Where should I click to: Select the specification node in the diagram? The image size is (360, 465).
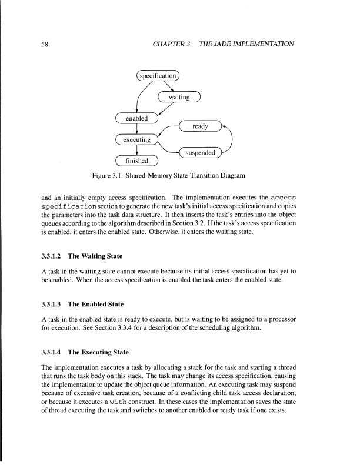pyautogui.click(x=157, y=76)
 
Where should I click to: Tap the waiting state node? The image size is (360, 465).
pyautogui.click(x=179, y=97)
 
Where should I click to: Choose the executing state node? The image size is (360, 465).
pyautogui.click(x=136, y=140)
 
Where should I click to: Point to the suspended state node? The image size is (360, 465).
pyautogui.click(x=200, y=154)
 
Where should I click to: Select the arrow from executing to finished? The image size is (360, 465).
pyautogui.click(x=136, y=150)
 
